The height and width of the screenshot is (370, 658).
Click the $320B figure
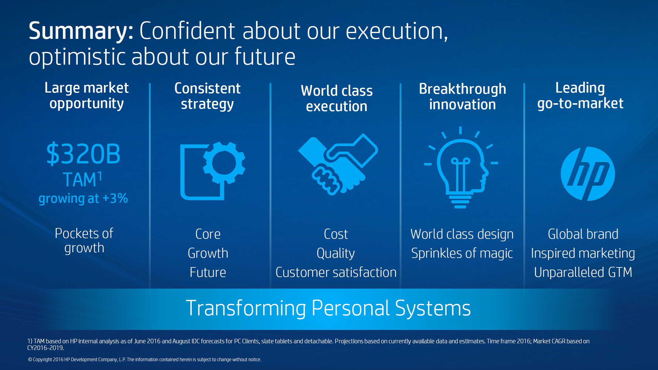83,154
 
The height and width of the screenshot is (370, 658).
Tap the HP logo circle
587,174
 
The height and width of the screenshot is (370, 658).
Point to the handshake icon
338,164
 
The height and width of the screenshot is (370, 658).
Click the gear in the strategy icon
224,163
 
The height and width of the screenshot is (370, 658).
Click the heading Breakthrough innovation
463,97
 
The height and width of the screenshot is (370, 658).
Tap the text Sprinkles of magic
462,253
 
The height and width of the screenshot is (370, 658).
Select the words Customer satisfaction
336,272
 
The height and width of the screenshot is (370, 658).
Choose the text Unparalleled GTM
583,272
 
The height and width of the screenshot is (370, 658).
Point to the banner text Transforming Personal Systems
328,308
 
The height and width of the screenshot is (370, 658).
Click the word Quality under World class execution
336,253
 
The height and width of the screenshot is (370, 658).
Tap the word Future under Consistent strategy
208,272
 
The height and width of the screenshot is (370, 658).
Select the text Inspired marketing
583,253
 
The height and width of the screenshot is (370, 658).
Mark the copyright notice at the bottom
145,360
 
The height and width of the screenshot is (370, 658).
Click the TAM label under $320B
82,179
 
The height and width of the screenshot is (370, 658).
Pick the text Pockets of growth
84,240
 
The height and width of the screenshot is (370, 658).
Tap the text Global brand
583,234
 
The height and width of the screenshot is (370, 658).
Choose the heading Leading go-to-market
580,96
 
